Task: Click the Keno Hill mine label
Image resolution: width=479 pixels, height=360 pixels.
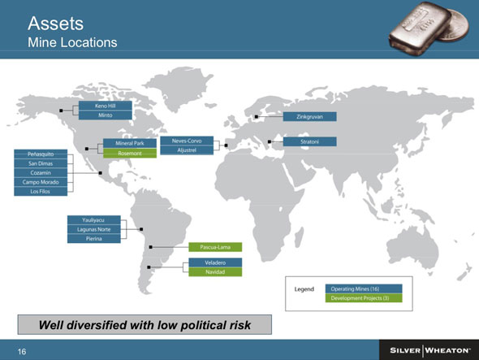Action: [106, 106]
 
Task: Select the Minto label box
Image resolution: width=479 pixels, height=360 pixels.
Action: [106, 115]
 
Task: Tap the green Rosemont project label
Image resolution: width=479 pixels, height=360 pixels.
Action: [130, 154]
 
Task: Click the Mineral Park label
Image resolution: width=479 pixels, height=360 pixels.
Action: [130, 143]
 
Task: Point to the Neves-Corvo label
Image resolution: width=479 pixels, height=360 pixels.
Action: [187, 141]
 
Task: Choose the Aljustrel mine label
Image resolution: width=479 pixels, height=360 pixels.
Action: [187, 150]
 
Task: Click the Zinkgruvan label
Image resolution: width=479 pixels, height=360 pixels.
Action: [310, 116]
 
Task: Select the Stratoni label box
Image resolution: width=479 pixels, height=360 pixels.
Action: [310, 141]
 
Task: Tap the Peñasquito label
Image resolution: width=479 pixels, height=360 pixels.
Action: [41, 154]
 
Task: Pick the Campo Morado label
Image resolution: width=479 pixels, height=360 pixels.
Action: [41, 182]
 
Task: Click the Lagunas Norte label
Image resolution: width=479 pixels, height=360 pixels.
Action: [94, 229]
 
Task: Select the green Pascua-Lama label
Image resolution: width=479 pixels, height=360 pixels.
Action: [215, 247]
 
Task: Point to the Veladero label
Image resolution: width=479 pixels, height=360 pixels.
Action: [215, 262]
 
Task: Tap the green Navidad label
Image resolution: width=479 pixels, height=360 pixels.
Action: [215, 272]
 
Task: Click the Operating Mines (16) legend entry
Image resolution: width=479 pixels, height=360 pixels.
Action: [364, 288]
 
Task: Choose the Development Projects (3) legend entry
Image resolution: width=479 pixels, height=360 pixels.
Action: [364, 298]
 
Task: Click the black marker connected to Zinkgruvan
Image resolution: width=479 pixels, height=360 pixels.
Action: [257, 117]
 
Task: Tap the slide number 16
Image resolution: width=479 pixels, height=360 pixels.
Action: [22, 351]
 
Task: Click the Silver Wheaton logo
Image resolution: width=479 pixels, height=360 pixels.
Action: [430, 350]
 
